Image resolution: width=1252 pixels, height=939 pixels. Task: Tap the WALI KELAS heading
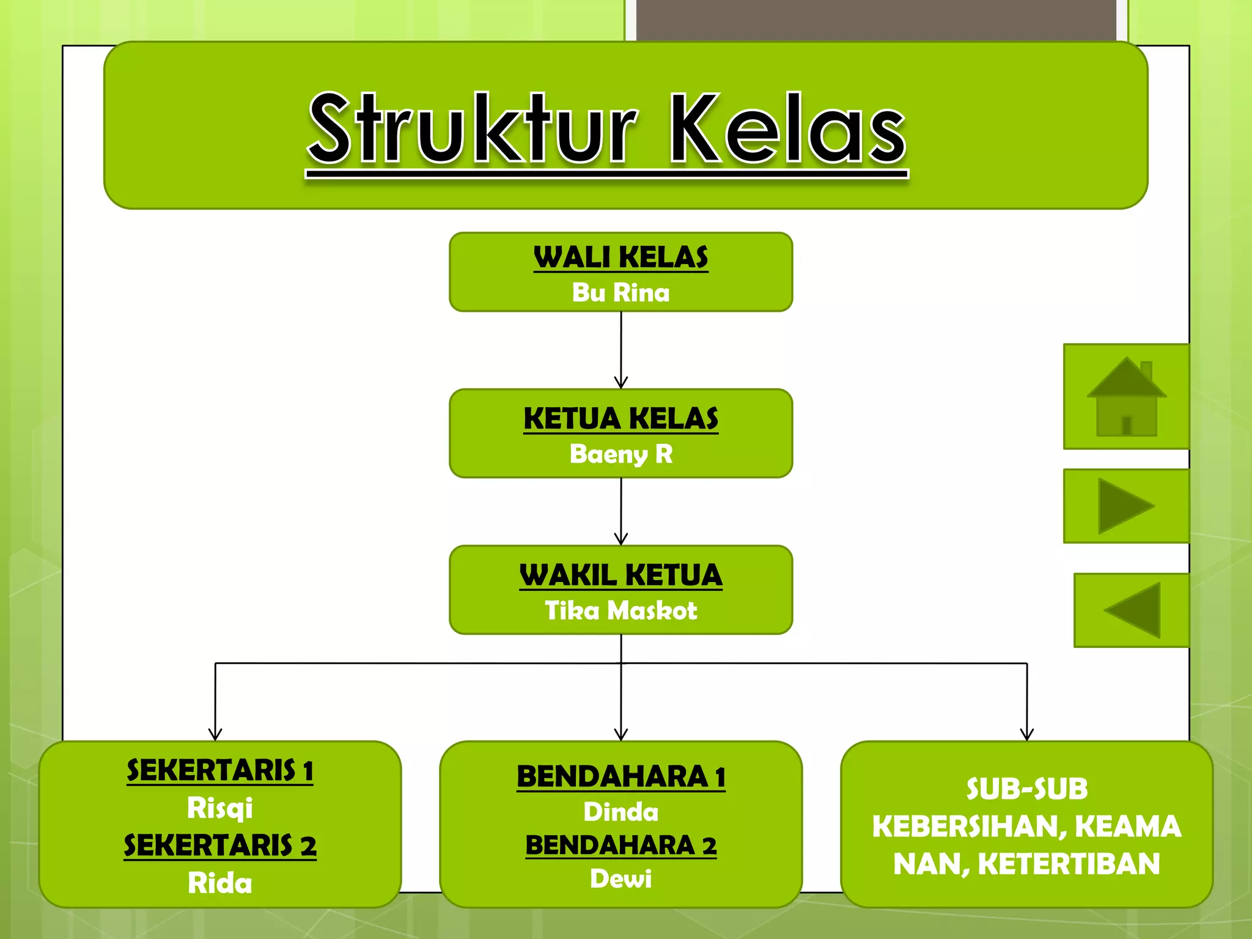click(x=620, y=257)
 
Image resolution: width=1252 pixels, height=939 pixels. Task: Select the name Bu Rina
click(x=620, y=292)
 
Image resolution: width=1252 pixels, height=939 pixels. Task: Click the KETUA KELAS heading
click(x=620, y=419)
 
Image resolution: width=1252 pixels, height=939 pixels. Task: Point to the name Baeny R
click(x=620, y=454)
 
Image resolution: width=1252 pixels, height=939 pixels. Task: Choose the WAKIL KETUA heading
click(x=620, y=575)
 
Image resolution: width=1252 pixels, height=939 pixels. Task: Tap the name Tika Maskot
click(x=620, y=611)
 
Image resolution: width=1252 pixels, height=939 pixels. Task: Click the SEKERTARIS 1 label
click(x=220, y=770)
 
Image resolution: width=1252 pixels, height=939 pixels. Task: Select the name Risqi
click(x=220, y=808)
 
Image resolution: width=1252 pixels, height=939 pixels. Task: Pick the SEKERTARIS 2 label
click(x=220, y=845)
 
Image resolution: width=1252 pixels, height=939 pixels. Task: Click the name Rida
click(x=220, y=883)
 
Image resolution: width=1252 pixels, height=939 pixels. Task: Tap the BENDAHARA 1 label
click(x=620, y=777)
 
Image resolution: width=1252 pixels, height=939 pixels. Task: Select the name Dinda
click(x=620, y=812)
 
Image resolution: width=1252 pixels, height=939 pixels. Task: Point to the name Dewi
click(x=620, y=879)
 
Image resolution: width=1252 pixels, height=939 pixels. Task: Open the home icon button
click(x=1126, y=397)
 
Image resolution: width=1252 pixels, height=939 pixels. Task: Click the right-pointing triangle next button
click(x=1126, y=506)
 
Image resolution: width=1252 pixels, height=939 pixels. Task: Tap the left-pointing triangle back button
click(x=1132, y=610)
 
